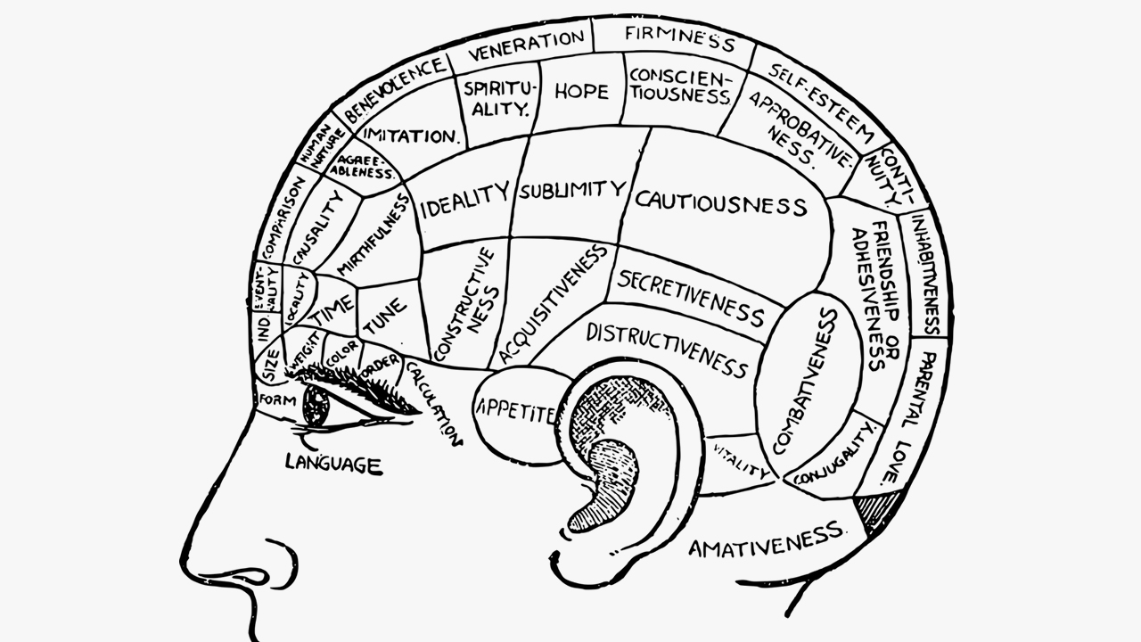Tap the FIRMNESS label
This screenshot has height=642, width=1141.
pyautogui.click(x=679, y=38)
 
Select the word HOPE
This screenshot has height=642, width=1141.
pyautogui.click(x=581, y=91)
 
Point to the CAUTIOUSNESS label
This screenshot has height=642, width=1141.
pyautogui.click(x=720, y=202)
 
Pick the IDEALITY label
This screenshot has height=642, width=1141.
pyautogui.click(x=464, y=198)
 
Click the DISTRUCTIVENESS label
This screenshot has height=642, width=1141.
pyautogui.click(x=666, y=350)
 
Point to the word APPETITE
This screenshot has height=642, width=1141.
pyautogui.click(x=516, y=411)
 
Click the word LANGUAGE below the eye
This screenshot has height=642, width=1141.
pyautogui.click(x=333, y=463)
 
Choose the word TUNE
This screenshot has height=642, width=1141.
pyautogui.click(x=383, y=317)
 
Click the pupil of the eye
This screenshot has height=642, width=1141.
pyautogui.click(x=316, y=407)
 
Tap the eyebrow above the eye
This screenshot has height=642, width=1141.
pyautogui.click(x=357, y=383)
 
